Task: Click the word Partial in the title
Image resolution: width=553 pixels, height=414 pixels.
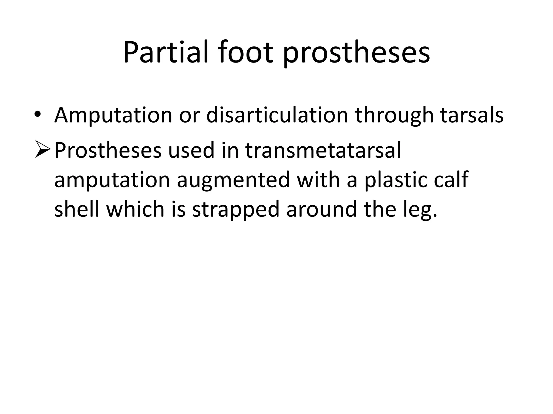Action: (166, 53)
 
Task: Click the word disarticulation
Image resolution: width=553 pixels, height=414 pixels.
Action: (277, 115)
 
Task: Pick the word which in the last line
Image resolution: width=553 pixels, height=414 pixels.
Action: (135, 209)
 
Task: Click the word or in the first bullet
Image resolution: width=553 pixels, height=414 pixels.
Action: (189, 116)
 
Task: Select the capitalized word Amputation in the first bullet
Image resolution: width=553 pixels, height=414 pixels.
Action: (113, 116)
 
